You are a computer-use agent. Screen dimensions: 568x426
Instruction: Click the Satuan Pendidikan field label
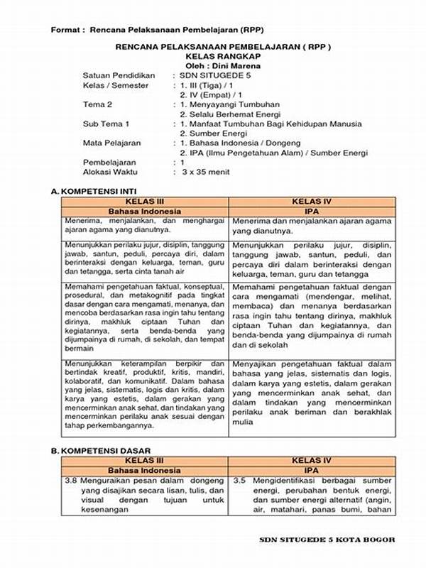[119, 75]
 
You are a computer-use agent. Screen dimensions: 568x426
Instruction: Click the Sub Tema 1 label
[106, 124]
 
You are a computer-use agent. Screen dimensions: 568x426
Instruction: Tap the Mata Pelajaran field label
[111, 143]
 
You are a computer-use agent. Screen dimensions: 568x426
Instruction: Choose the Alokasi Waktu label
[110, 172]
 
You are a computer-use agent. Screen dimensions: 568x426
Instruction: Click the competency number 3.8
[71, 481]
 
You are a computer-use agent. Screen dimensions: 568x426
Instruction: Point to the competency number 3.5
[239, 481]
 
